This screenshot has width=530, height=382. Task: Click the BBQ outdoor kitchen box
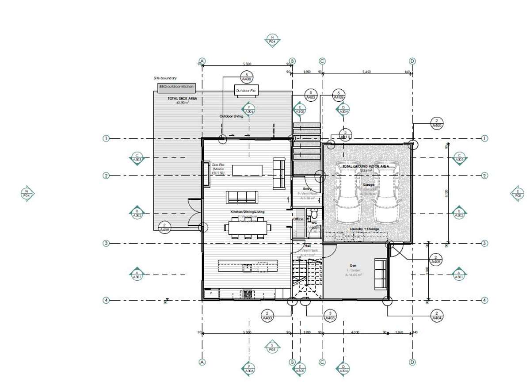pos(176,87)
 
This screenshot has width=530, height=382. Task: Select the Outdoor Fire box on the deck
pos(246,91)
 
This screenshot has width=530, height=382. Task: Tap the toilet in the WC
pos(314,214)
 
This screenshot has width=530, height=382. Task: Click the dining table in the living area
pos(248,228)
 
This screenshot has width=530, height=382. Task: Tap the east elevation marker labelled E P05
pos(517,193)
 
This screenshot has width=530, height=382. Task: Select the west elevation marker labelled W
pos(27,193)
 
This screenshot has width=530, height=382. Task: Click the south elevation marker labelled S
pos(272,346)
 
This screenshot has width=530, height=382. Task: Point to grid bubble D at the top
pos(412,61)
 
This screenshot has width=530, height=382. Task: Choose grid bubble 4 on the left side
pos(106,300)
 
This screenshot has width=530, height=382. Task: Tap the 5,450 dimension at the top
pos(366,71)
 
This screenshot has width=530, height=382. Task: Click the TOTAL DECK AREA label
pos(179,99)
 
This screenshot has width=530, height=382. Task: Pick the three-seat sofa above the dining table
pos(242,196)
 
